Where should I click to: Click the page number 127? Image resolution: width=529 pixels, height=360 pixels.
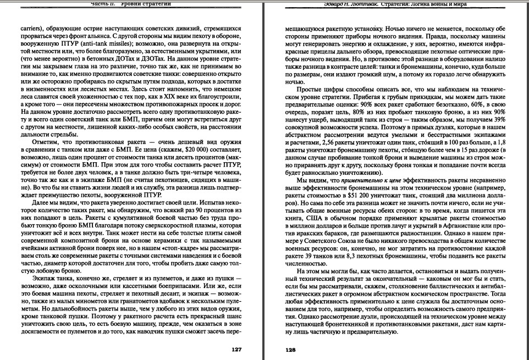pos(236,349)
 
